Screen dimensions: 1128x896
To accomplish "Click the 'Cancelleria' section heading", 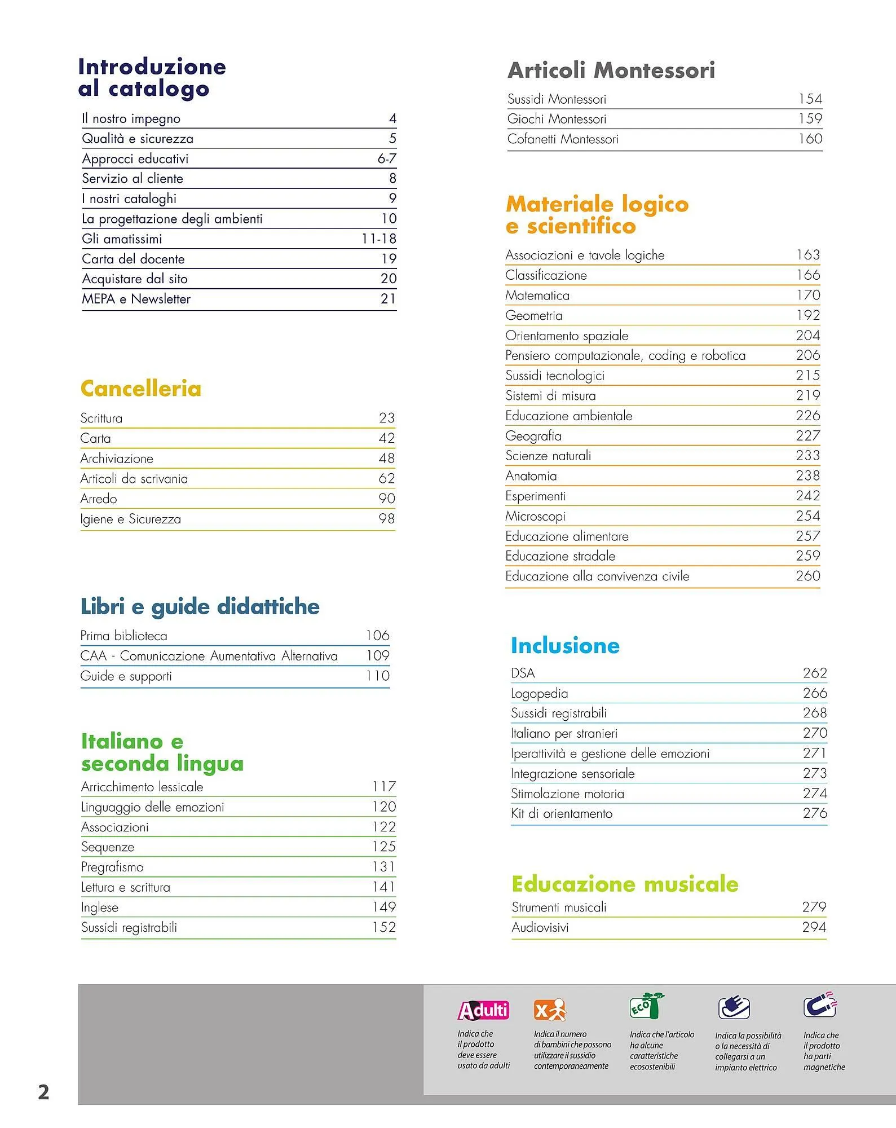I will coord(140,389).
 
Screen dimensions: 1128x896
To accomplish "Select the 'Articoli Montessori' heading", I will coord(611,70).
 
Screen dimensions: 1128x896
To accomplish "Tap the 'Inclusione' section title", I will coord(565,646).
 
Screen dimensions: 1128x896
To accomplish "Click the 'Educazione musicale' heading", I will coord(625,884).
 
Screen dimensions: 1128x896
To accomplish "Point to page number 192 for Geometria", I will coord(808,315).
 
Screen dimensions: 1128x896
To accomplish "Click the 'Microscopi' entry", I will coord(535,516).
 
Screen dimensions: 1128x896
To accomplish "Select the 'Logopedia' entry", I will coord(539,693).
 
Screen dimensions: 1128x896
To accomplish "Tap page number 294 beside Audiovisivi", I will coord(814,927).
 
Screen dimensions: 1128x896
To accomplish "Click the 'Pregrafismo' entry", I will coord(112,867).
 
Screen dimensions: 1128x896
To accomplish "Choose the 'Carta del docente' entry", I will coord(133,259).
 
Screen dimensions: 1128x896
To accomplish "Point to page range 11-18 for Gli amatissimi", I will coord(378,239).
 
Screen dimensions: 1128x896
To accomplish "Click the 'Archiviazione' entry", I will coord(117,459).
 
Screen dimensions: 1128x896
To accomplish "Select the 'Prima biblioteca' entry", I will coord(123,636).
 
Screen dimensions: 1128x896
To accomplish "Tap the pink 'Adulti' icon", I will coord(483,1010).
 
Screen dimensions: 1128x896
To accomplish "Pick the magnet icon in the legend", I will coord(820,1005).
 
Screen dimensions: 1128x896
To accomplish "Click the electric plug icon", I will coord(734,1008).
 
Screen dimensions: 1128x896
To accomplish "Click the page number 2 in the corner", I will coord(43,1092).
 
